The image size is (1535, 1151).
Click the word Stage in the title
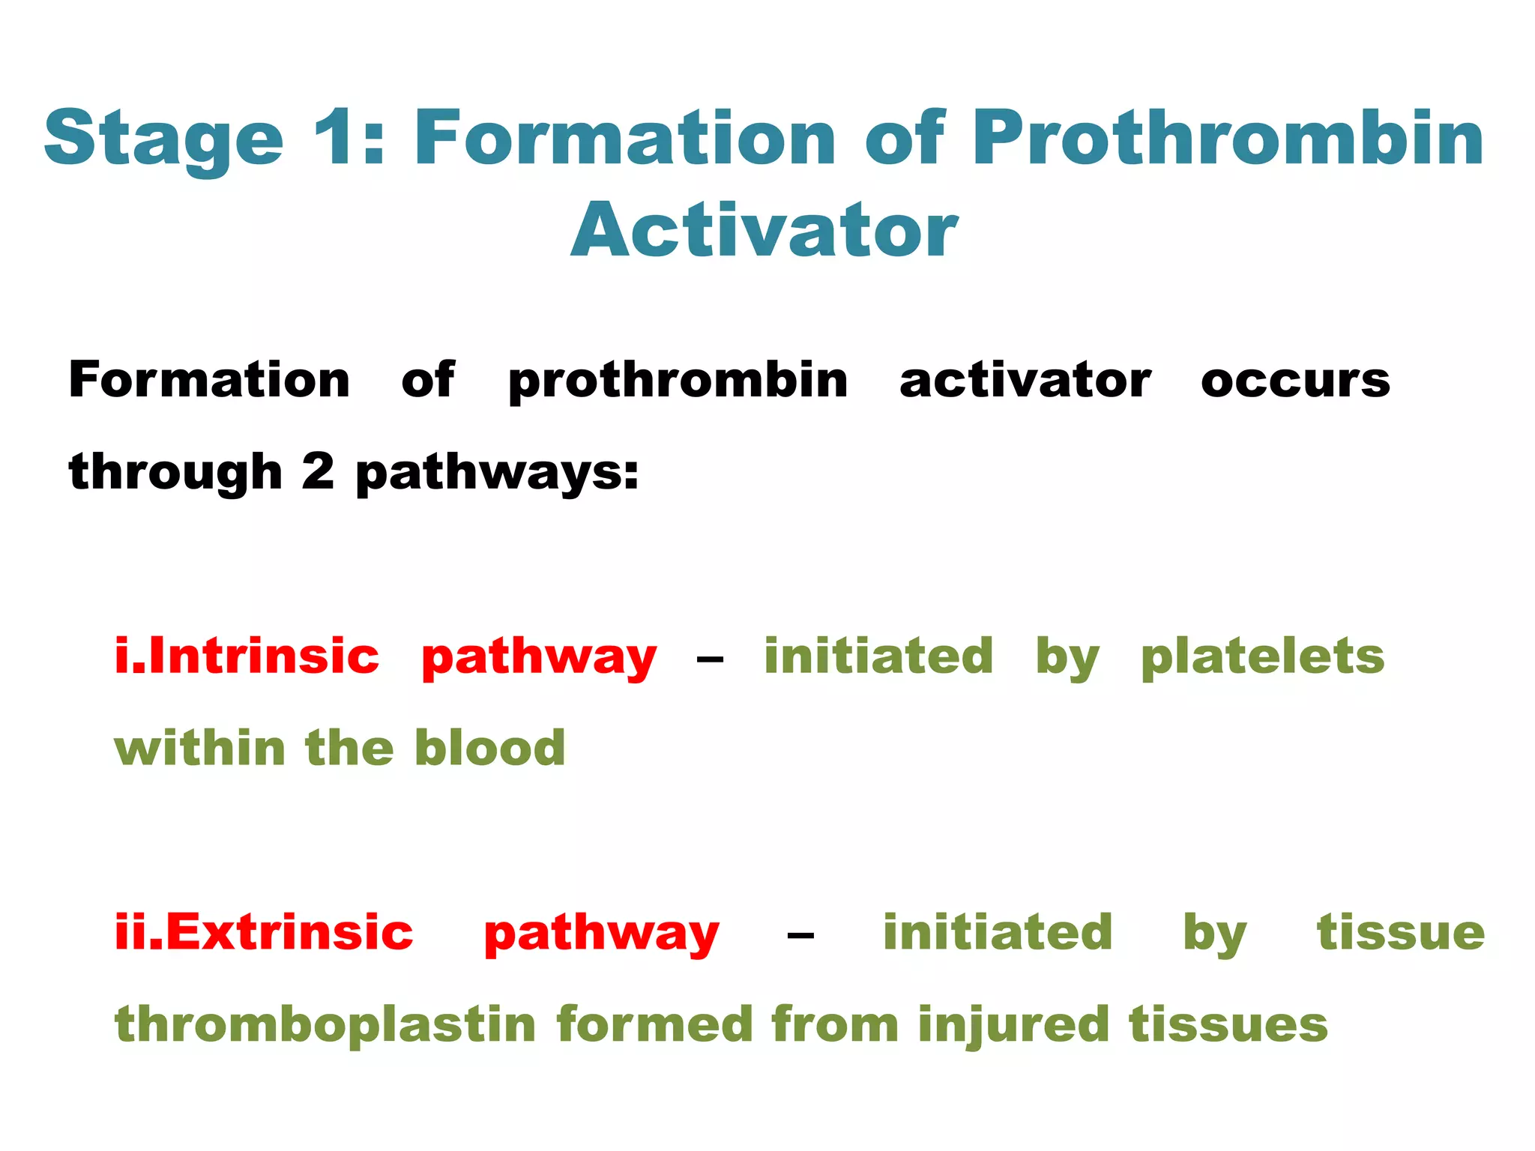[163, 139]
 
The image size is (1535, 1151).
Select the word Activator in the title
[764, 231]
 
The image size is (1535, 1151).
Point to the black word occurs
[1294, 380]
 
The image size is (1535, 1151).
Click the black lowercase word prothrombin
[678, 381]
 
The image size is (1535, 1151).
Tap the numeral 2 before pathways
[318, 472]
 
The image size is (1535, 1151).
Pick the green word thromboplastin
[325, 1025]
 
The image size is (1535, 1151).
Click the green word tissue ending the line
[1400, 932]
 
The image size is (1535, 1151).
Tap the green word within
[199, 748]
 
